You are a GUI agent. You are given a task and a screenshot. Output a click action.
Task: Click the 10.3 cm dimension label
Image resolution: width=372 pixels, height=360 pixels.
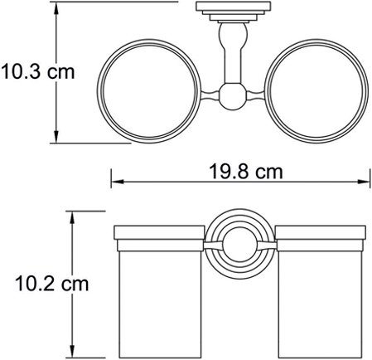coord(38,71)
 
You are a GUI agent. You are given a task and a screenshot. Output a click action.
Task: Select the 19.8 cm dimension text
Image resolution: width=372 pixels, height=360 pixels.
coord(246,172)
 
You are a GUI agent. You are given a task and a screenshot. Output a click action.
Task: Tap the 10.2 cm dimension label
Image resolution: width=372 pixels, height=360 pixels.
coord(51,283)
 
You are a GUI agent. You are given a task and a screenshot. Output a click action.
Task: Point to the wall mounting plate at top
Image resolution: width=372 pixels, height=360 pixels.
coord(234,7)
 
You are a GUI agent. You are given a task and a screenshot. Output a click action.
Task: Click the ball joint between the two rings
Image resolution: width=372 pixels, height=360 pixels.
coord(233,96)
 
